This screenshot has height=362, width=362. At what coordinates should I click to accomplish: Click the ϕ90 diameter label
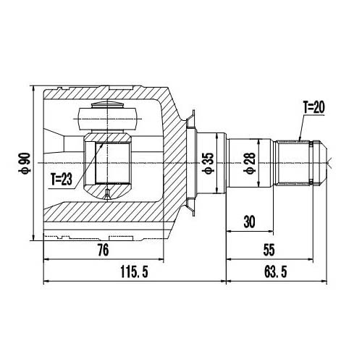[25, 163]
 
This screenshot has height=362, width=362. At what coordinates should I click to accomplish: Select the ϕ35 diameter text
[207, 164]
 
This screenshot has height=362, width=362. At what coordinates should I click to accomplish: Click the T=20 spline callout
[314, 107]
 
